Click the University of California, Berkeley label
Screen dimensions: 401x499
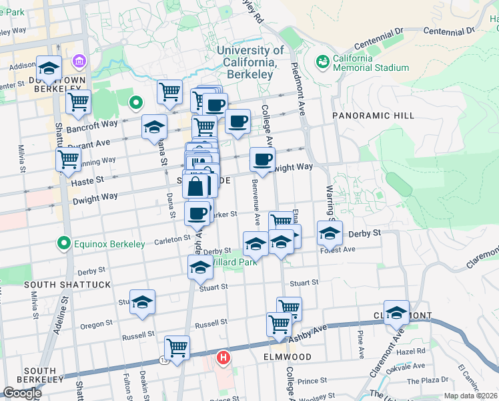[250, 62]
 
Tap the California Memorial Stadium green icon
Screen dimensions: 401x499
[323, 61]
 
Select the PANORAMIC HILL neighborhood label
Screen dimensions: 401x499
[373, 116]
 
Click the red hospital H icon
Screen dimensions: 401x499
[224, 358]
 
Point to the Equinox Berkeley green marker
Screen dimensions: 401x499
[64, 243]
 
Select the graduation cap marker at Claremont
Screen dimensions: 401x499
[396, 312]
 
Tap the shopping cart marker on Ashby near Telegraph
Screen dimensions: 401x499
[177, 347]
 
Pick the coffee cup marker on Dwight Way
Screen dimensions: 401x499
[262, 159]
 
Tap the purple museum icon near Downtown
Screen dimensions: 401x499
[81, 61]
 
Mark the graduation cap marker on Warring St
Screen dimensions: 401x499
[330, 233]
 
